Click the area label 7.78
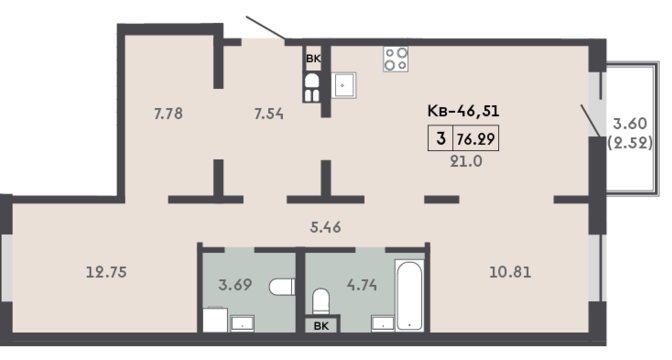[168, 114]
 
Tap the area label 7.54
[269, 114]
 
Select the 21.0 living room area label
[466, 162]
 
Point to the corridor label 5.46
[325, 227]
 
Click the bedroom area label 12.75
[106, 272]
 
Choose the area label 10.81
[510, 272]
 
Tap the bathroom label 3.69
[235, 285]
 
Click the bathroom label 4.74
[362, 285]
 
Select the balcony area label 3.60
[630, 123]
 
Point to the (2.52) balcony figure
[630, 142]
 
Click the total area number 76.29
[476, 139]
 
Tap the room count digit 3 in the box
[441, 138]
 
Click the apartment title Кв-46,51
[463, 111]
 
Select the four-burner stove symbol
[396, 59]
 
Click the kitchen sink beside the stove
[343, 85]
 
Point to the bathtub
[409, 295]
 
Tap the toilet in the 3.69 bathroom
[282, 287]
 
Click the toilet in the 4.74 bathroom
[321, 301]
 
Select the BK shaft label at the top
[313, 59]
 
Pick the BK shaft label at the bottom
[321, 326]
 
